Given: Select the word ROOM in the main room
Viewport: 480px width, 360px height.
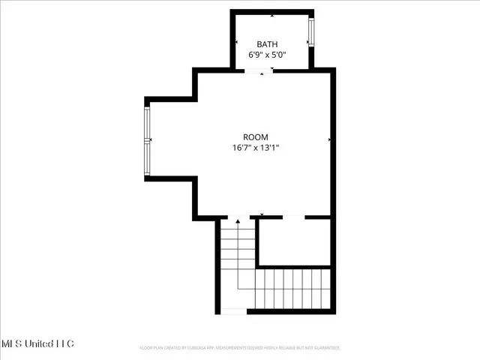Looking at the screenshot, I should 255,137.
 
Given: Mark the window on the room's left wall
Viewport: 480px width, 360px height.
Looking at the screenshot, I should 148,140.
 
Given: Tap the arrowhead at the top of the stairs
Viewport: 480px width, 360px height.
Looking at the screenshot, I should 238,222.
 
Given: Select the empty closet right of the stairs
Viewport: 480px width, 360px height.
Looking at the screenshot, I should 294,242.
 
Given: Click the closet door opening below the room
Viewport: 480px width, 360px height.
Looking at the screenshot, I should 294,217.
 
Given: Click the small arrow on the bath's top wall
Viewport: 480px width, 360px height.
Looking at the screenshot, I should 271,14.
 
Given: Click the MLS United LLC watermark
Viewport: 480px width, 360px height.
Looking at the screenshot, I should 37,343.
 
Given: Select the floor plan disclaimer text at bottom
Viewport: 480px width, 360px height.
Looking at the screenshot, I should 240,348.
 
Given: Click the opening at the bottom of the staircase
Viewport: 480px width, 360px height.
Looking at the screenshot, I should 235,310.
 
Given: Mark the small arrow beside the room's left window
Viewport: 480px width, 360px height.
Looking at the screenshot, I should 152,140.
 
